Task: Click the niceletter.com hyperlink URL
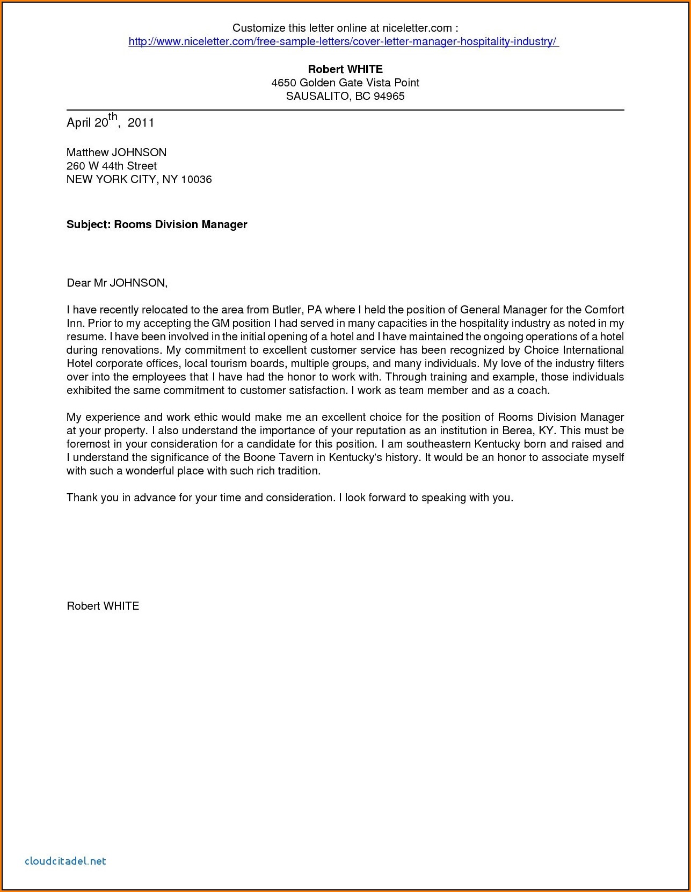click(344, 42)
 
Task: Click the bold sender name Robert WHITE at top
click(345, 69)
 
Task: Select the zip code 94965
click(389, 97)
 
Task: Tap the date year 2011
click(141, 123)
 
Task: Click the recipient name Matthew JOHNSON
click(117, 152)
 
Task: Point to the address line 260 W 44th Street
click(112, 166)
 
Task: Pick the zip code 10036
click(197, 179)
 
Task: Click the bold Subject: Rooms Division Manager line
click(157, 224)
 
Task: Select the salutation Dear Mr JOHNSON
click(117, 283)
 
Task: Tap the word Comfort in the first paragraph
click(604, 310)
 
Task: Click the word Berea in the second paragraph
click(517, 430)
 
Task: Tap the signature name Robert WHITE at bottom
click(103, 606)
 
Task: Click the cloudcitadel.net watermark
click(66, 861)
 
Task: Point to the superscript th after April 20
click(113, 117)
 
